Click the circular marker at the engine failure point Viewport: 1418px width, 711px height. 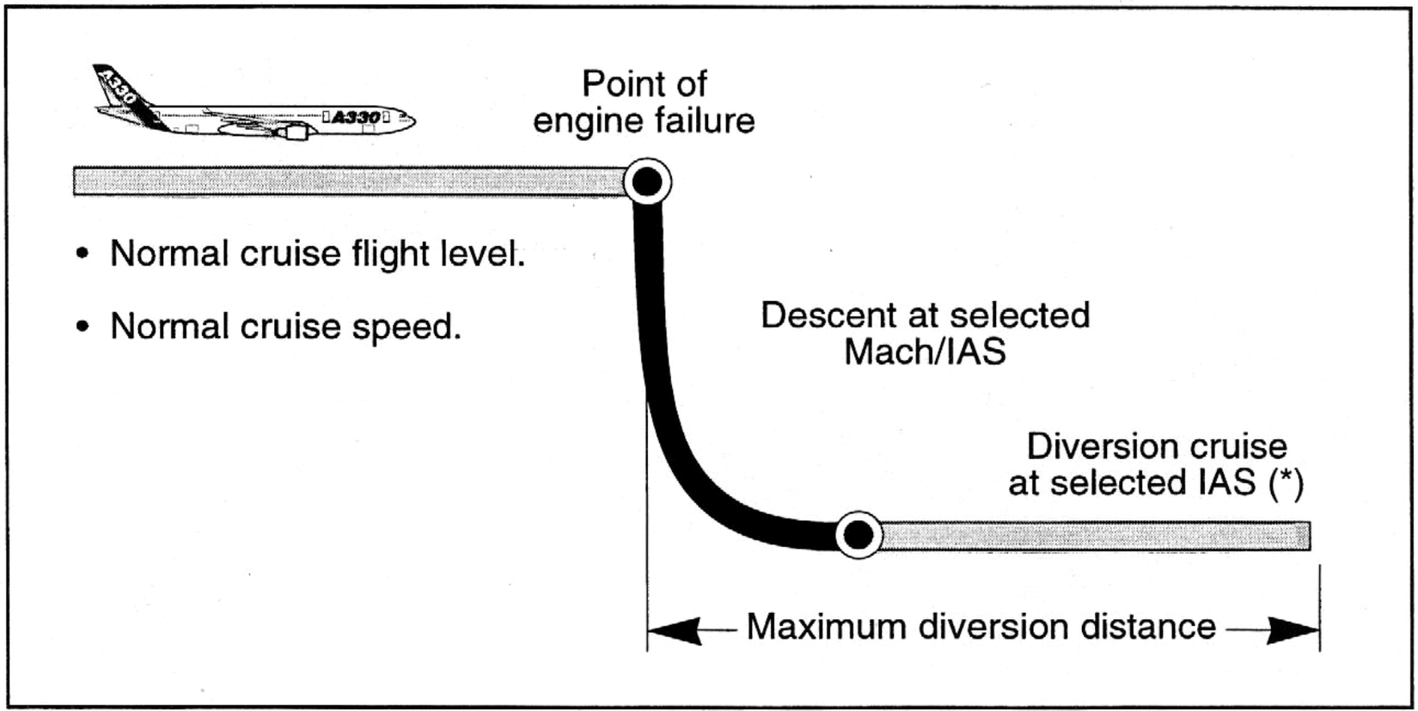647,181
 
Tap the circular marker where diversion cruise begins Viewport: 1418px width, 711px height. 858,536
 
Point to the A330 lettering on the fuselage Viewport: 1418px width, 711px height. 355,117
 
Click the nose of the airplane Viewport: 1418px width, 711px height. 410,121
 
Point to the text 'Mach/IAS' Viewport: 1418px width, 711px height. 925,352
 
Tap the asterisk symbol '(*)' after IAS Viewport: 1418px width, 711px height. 1287,483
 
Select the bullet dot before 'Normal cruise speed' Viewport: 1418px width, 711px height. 82,327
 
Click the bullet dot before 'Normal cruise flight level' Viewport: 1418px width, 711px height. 82,254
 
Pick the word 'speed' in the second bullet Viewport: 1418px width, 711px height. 408,327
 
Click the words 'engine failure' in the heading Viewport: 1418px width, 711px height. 644,120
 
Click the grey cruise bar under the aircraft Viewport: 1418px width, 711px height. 344,181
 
